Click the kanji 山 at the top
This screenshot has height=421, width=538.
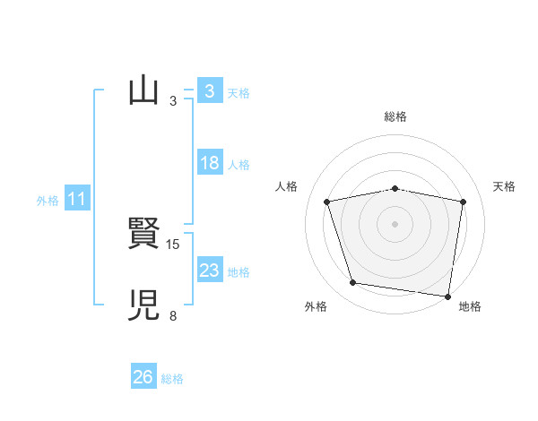point(143,91)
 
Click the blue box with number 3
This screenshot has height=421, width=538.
point(209,91)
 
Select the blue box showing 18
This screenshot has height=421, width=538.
point(209,163)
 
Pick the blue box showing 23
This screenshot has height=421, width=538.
point(209,271)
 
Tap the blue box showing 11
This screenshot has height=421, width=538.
point(76,199)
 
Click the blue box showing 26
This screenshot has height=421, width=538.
point(143,377)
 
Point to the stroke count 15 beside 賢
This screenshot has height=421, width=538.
point(174,244)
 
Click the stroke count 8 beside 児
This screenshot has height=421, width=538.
point(173,315)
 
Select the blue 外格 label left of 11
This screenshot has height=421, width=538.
point(48,201)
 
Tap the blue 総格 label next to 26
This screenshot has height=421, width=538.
point(172,379)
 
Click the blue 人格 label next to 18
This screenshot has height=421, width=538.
point(239,165)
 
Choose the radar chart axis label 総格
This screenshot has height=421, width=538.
point(395,116)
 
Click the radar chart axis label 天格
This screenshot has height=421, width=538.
point(505,186)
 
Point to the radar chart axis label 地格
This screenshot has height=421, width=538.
point(470,306)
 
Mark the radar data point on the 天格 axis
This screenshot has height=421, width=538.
point(464,202)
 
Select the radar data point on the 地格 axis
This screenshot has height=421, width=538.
point(447,296)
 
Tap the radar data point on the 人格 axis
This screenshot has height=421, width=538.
point(327,202)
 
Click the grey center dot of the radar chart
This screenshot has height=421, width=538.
point(395,223)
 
